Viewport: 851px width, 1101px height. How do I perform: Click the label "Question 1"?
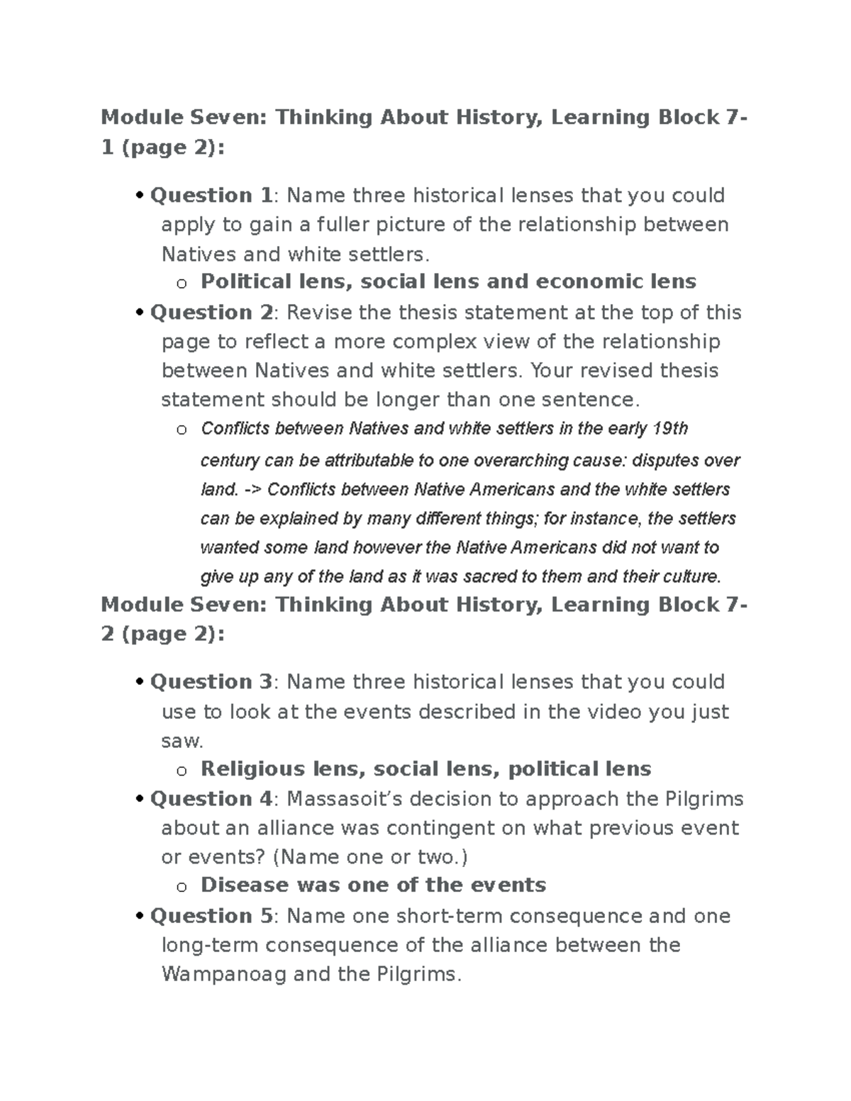tap(211, 195)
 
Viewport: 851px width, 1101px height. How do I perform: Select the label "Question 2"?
tap(211, 312)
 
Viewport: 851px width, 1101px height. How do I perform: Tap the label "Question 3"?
tap(211, 681)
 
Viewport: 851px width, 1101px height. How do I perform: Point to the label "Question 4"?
tap(211, 798)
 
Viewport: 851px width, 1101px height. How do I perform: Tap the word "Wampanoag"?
tap(224, 974)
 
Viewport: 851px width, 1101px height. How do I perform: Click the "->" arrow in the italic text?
tap(252, 490)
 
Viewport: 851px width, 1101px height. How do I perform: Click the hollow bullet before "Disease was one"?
tap(182, 886)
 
